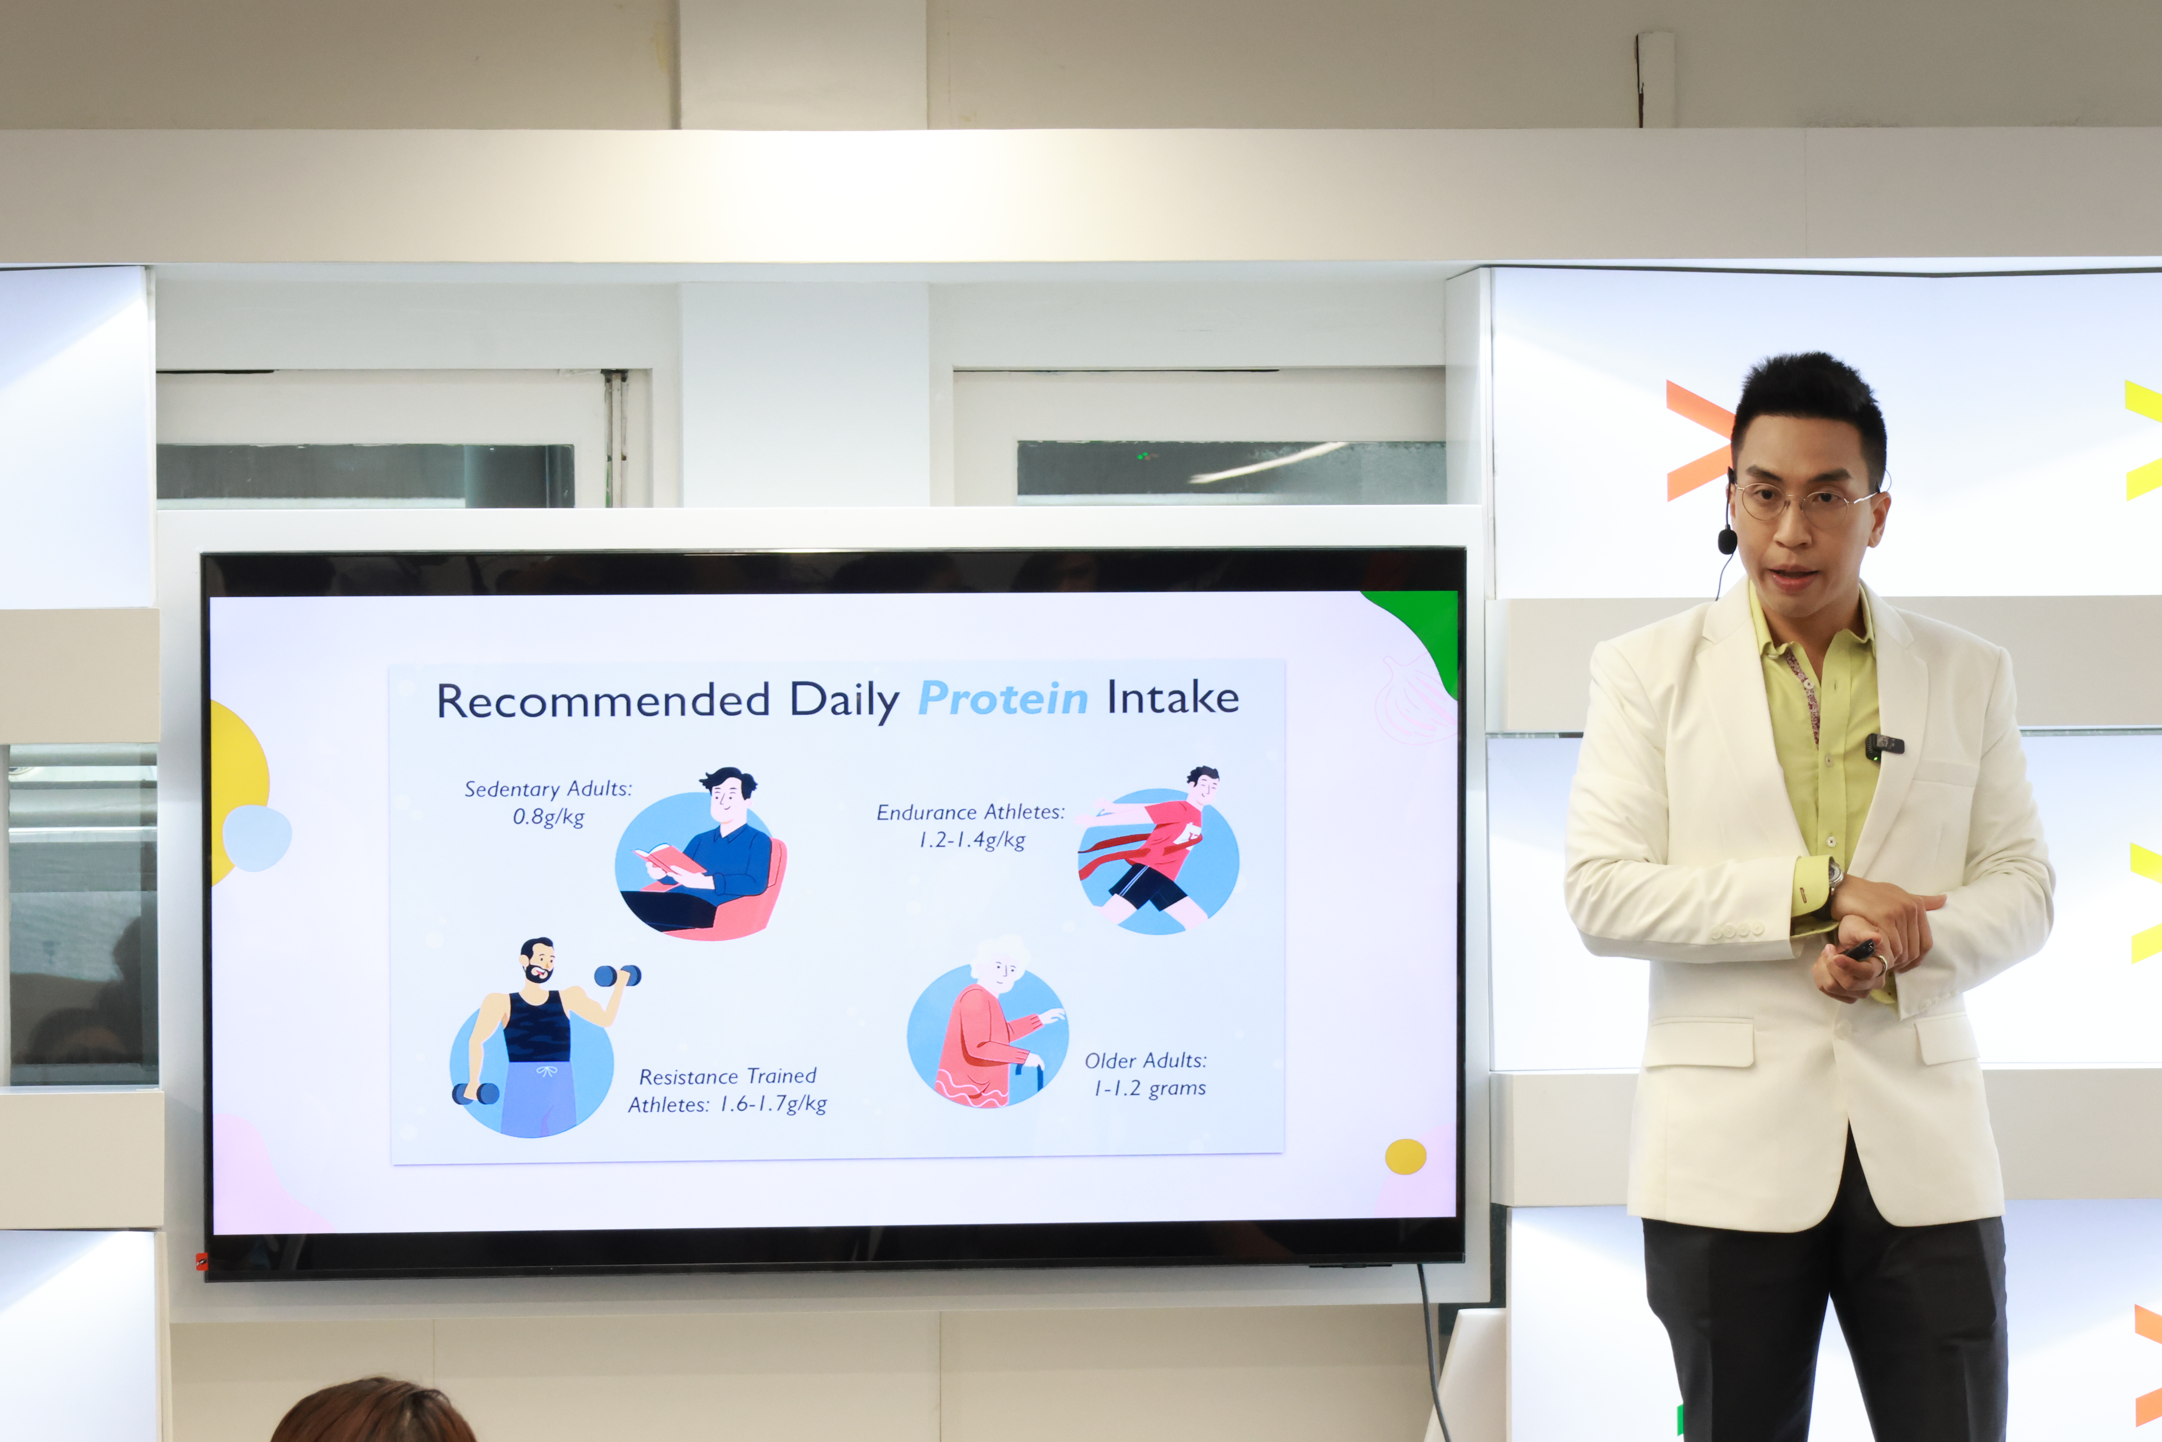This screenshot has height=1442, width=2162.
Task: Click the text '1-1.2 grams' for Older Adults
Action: [x=1149, y=1089]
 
